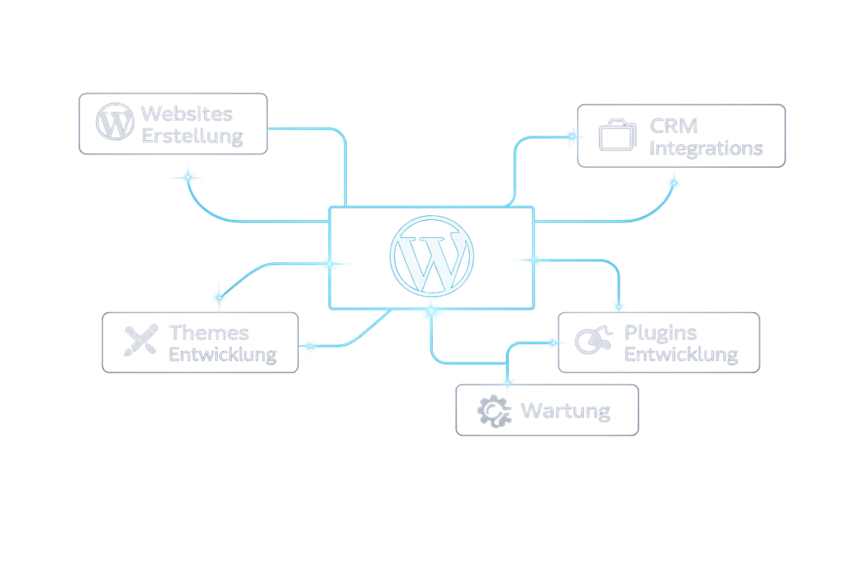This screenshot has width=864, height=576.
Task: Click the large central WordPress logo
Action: (431, 255)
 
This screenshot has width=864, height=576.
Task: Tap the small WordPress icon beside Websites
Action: (116, 122)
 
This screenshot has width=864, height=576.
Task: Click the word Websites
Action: (186, 114)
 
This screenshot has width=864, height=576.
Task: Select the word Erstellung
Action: (192, 136)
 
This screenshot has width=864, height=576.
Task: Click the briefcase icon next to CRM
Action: (618, 136)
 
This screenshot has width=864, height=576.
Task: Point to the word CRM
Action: (674, 126)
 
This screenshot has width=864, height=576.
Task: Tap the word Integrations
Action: (707, 149)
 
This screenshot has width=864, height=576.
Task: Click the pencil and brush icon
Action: (140, 340)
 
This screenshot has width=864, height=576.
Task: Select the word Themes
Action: (208, 332)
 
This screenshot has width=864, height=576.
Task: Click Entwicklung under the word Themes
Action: (222, 354)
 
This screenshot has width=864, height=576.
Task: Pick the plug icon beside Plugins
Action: (594, 340)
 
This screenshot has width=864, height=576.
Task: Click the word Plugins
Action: (661, 332)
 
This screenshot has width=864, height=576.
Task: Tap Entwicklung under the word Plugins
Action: (681, 355)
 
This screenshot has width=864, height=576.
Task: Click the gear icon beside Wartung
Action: (494, 411)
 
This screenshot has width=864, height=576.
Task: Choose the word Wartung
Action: (565, 412)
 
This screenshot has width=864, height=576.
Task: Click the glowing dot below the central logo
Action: (431, 312)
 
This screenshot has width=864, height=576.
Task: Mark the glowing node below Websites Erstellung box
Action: (187, 177)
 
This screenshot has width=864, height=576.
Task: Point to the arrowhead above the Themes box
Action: (219, 295)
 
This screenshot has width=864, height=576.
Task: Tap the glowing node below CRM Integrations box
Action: (672, 181)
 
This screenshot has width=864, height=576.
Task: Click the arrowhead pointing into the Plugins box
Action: (554, 342)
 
